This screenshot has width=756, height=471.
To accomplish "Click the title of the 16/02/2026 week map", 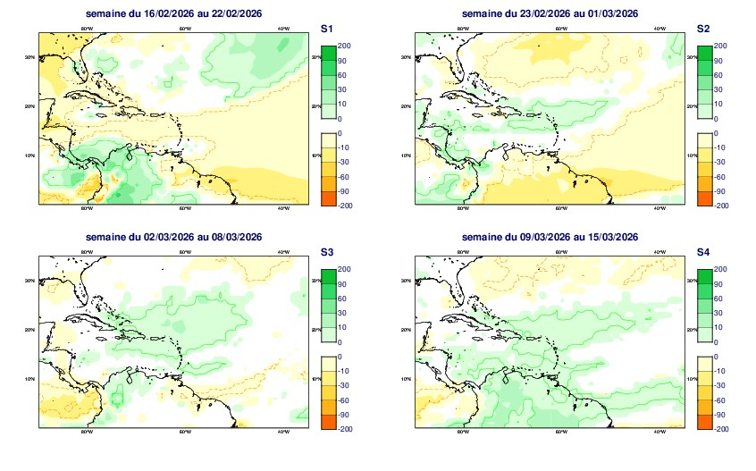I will pyautogui.click(x=174, y=13).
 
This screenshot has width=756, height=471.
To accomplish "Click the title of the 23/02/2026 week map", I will pyautogui.click(x=549, y=13).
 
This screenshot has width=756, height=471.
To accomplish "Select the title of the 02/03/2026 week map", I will pyautogui.click(x=174, y=237).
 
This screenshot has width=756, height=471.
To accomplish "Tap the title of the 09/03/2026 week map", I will pyautogui.click(x=549, y=237).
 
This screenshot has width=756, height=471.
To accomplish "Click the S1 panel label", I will pyautogui.click(x=327, y=29).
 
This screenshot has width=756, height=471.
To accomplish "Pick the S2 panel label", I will pyautogui.click(x=703, y=29).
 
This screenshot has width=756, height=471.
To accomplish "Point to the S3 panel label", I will pyautogui.click(x=327, y=254).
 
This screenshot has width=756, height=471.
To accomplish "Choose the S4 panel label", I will pyautogui.click(x=703, y=254).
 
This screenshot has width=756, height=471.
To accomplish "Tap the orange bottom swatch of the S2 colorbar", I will pyautogui.click(x=704, y=198).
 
